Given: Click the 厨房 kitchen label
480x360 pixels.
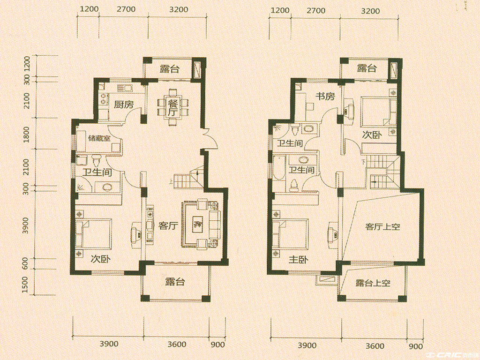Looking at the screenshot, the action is (x=124, y=105).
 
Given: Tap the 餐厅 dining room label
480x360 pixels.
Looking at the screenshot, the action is (x=172, y=107).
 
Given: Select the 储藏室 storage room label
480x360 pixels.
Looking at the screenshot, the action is (x=99, y=138).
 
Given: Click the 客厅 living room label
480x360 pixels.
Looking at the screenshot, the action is (x=168, y=226).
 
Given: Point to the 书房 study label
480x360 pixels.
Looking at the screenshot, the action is (x=325, y=97).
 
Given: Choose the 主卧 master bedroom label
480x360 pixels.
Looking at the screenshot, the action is (x=299, y=260).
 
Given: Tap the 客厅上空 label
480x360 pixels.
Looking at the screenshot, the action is (x=382, y=227).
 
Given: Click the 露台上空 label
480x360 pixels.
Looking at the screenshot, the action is (x=373, y=283).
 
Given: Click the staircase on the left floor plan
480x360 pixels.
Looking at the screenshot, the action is (x=188, y=179).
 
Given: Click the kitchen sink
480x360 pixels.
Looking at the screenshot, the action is (x=125, y=88).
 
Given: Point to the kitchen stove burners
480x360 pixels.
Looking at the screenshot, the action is (x=104, y=98).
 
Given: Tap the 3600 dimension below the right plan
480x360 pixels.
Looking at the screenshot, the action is (x=375, y=346).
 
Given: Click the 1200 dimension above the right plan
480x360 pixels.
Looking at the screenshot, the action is (x=280, y=11).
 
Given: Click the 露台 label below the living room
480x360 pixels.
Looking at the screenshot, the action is (x=175, y=281).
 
